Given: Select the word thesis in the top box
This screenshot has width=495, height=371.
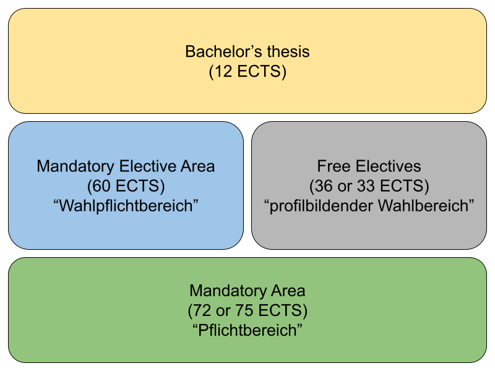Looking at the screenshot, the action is (288, 51).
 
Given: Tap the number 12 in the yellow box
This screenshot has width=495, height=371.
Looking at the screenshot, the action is (223, 71).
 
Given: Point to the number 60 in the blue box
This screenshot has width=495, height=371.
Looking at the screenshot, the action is (102, 185).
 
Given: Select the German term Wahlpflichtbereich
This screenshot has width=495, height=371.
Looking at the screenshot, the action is (126, 205).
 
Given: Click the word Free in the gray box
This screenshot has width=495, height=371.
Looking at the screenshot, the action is (334, 166).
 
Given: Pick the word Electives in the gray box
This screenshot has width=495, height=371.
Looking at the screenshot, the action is (389, 166).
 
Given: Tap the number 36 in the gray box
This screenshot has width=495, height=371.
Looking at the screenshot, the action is (324, 185).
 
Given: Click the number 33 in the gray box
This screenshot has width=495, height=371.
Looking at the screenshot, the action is (366, 185).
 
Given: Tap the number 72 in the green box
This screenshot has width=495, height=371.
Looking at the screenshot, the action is (202, 310).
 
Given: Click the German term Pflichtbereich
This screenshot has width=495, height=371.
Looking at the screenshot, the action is (247, 330).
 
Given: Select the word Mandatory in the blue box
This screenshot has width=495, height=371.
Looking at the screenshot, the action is (75, 166).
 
